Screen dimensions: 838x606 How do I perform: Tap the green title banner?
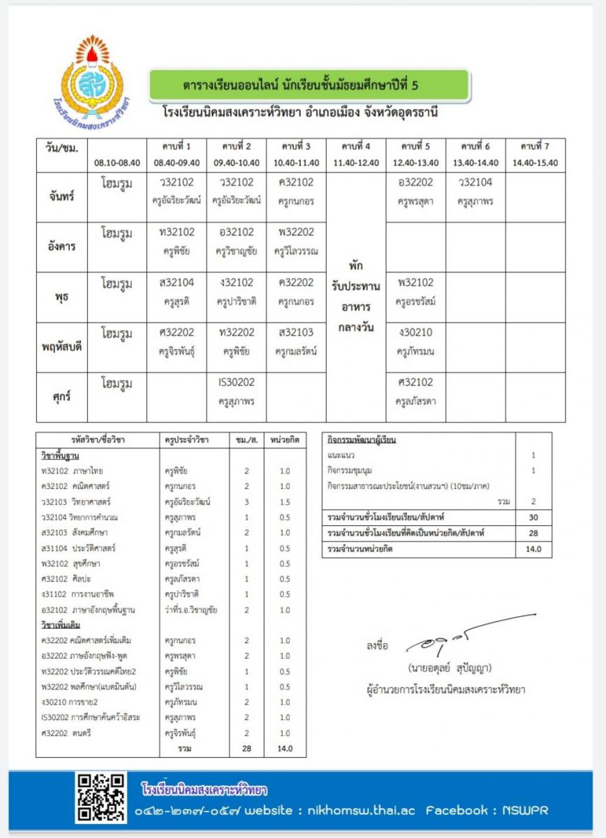click(309, 86)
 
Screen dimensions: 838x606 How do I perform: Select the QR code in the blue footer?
click(102, 797)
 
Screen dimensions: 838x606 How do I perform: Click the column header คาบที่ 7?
click(535, 146)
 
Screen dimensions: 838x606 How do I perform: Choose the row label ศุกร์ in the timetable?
click(62, 397)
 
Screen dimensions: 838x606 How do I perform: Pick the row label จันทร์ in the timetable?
click(62, 196)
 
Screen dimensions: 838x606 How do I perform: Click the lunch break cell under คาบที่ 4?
click(356, 297)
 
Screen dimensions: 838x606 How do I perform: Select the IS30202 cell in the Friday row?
click(237, 391)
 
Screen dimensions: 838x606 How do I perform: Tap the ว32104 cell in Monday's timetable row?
click(475, 191)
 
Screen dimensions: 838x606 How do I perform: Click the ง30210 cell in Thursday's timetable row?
click(415, 341)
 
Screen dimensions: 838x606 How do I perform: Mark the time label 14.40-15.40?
click(535, 163)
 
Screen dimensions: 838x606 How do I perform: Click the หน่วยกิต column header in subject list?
click(285, 441)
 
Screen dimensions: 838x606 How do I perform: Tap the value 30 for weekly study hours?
click(533, 517)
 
